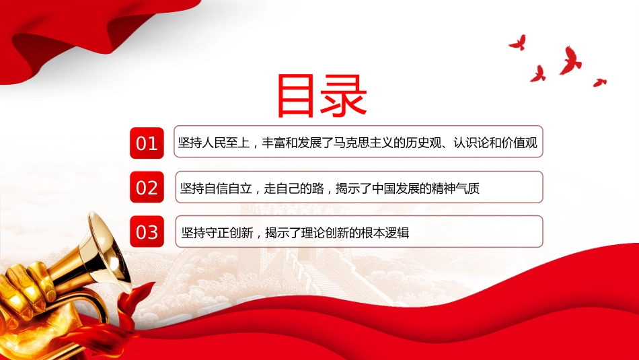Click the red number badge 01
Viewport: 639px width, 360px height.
pos(147,143)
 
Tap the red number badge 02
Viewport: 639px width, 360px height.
pos(147,187)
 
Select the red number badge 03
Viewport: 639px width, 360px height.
pos(147,231)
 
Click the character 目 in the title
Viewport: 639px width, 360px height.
pos(296,96)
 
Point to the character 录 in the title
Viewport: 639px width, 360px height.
pos(343,96)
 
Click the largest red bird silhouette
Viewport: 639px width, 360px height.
pos(570,61)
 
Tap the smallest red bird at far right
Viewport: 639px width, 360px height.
pos(599,82)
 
